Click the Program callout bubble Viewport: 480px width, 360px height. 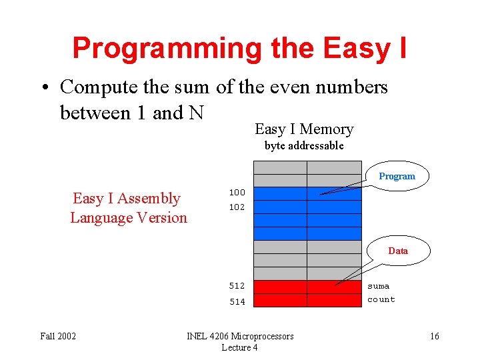[397, 177]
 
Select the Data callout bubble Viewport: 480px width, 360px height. [398, 251]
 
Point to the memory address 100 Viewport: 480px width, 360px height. [237, 193]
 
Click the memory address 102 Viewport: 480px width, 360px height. [237, 207]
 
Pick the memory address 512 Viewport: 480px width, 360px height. [237, 286]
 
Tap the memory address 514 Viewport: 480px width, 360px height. [237, 301]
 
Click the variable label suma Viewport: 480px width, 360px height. [379, 286]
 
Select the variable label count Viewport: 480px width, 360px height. [381, 300]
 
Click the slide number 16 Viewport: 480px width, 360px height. [434, 336]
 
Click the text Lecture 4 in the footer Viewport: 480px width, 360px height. [239, 347]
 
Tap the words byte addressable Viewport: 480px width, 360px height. [304, 145]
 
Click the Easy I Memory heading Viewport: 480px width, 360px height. [304, 129]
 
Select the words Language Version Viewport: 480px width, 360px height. [129, 218]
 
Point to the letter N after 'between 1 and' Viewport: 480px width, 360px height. [196, 113]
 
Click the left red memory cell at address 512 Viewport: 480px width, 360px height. [280, 287]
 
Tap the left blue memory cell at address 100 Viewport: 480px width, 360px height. [280, 193]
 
